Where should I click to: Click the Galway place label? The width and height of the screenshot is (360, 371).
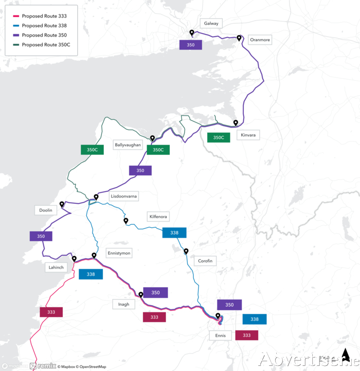coord(211,24)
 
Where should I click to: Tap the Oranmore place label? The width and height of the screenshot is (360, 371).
coord(259,40)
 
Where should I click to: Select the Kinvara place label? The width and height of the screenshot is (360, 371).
coord(248,135)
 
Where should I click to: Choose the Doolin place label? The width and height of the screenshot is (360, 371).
coord(46,210)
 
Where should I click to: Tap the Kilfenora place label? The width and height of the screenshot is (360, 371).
coord(157,217)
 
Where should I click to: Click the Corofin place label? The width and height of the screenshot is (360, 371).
coord(205,261)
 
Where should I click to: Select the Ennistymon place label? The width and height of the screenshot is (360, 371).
coord(119,253)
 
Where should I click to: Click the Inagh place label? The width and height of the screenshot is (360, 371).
coord(123,305)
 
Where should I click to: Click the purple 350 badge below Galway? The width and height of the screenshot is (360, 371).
coord(190,45)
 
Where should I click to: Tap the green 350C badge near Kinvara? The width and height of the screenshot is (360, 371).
coord(219,137)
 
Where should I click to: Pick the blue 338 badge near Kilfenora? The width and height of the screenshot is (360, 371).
coord(174,233)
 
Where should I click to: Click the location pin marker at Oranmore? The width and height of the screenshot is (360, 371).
coord(239,38)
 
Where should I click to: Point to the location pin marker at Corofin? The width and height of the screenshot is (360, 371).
coord(186,251)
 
